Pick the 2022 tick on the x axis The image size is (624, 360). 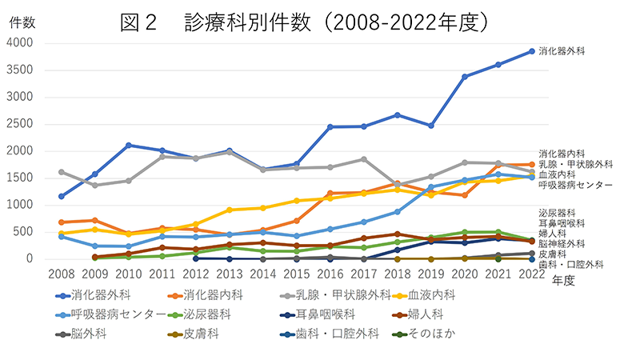coord(531,274)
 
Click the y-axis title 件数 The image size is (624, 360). coord(22,22)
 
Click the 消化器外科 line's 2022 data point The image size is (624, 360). coord(531,51)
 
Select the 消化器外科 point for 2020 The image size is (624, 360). coord(464,77)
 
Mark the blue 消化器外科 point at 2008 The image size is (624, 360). coord(61,196)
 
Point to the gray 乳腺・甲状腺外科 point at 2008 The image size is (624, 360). coord(61,172)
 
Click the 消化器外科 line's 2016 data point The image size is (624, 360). coord(330,126)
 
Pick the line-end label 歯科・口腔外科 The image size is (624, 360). coord(571,263)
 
